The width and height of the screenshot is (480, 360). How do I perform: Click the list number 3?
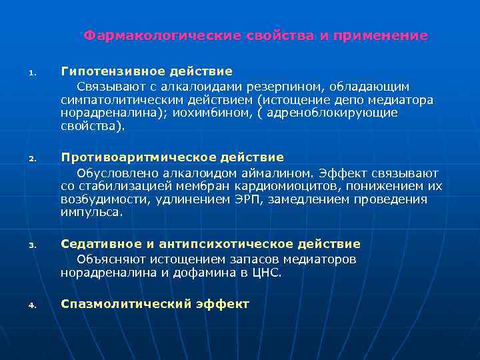coord(32,246)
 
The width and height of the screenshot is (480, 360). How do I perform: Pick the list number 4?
coord(32,306)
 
